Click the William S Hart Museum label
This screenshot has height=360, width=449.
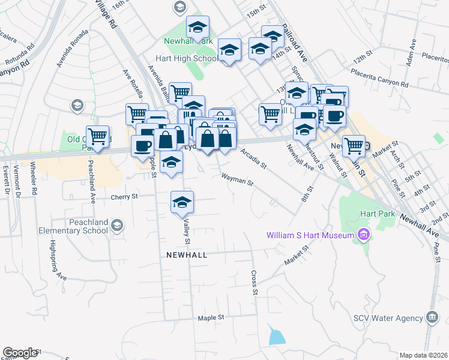(x=310, y=235)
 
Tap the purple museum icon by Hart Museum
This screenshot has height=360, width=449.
(x=363, y=235)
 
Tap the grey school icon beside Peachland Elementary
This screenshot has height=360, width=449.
(x=117, y=226)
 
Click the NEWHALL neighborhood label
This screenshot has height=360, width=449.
(x=187, y=255)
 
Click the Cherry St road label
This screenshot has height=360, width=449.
(x=124, y=196)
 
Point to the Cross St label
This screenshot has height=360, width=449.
(x=254, y=283)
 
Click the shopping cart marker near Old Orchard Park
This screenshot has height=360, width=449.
(x=97, y=136)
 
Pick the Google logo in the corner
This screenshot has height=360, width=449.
(x=20, y=353)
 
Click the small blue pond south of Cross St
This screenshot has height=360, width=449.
(x=277, y=337)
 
